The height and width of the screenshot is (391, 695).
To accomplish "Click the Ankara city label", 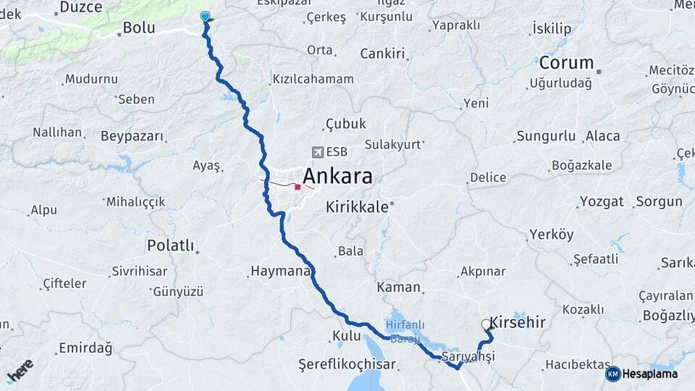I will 337,176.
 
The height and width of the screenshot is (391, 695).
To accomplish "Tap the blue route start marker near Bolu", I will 205,17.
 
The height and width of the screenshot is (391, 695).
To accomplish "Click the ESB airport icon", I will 317,152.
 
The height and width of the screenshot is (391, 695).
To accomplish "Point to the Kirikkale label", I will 357,206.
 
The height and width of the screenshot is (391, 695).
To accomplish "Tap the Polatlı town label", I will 170,245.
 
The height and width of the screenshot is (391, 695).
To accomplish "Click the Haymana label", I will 279,272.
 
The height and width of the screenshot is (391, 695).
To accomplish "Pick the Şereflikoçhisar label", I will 347,365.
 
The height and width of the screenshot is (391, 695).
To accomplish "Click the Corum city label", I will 566,63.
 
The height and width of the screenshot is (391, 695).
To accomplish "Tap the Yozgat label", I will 601,201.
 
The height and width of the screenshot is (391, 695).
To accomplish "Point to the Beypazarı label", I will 132,136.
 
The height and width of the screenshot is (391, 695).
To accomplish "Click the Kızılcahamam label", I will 313,79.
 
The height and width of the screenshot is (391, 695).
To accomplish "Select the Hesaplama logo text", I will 649,374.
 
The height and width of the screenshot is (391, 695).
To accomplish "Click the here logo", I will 20,370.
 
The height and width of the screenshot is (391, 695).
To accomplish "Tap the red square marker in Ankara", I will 298,187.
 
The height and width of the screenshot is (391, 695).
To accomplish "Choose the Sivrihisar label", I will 139,272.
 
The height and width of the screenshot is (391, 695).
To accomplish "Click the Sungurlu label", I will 545,136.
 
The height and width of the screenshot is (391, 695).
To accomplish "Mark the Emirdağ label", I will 85,348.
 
